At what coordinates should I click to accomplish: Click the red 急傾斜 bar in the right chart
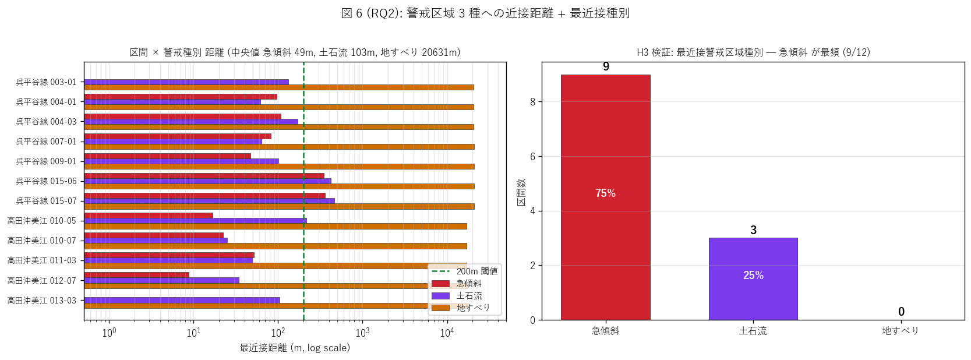pyautogui.click(x=606, y=197)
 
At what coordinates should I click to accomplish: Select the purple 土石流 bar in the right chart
pyautogui.click(x=753, y=279)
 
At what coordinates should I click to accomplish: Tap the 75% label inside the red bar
pyautogui.click(x=606, y=193)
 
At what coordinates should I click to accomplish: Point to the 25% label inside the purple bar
pyautogui.click(x=753, y=275)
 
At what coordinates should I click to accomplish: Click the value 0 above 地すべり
pyautogui.click(x=901, y=312)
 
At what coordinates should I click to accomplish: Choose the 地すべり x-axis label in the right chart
pyautogui.click(x=901, y=331)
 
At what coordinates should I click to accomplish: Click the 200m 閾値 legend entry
pyautogui.click(x=465, y=271)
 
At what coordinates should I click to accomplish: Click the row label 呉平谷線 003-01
pyautogui.click(x=46, y=82)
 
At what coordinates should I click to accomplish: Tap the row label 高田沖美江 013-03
pyautogui.click(x=41, y=300)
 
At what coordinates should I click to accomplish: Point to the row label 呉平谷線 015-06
pyautogui.click(x=46, y=181)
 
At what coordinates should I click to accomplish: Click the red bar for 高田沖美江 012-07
pyautogui.click(x=136, y=275)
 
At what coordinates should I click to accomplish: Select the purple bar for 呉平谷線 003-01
pyautogui.click(x=186, y=82)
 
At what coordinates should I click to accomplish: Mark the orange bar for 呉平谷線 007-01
pyautogui.click(x=279, y=147)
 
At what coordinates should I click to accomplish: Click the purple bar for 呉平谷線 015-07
pyautogui.click(x=209, y=201)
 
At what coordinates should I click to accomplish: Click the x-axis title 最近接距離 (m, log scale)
pyautogui.click(x=295, y=348)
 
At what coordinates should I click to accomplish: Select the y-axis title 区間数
pyautogui.click(x=521, y=192)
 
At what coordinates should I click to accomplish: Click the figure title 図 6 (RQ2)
pyautogui.click(x=372, y=13)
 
